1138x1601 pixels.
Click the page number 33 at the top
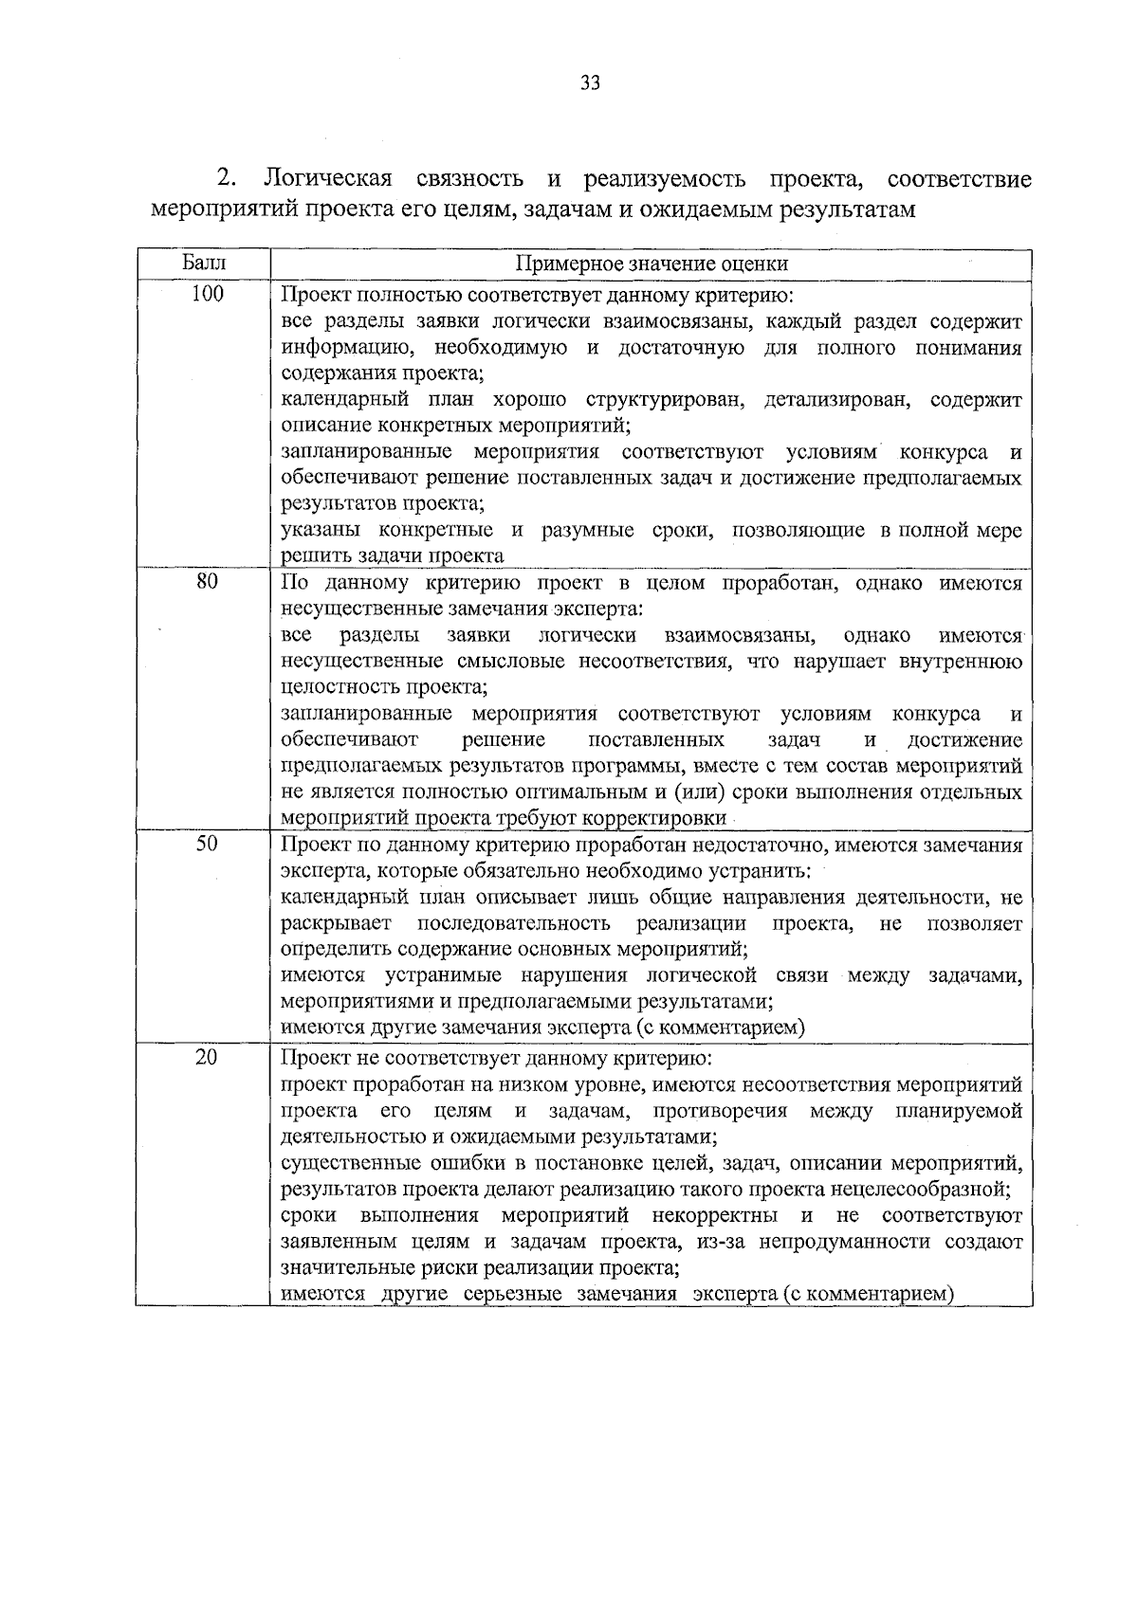tap(589, 83)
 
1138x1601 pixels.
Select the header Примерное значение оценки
tap(652, 264)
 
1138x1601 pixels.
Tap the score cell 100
tap(207, 294)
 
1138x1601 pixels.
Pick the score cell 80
tap(207, 582)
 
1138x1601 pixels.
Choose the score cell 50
tap(207, 844)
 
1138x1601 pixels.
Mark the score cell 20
tap(207, 1057)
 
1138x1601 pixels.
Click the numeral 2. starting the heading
tap(227, 178)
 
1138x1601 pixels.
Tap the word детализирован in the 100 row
tap(835, 400)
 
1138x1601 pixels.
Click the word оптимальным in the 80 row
tap(548, 791)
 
